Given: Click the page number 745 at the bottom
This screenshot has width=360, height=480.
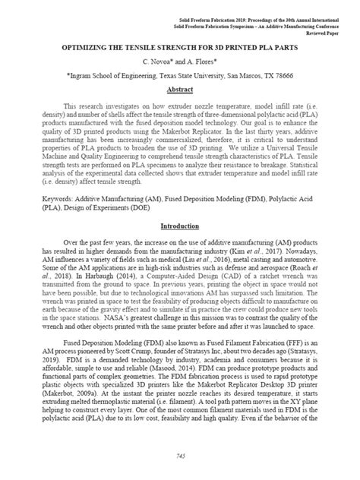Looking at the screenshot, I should [180, 456].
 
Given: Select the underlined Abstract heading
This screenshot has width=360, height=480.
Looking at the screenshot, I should [180, 88].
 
